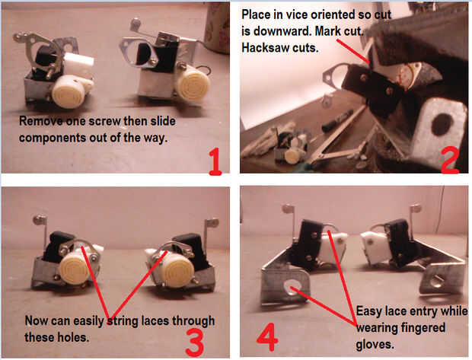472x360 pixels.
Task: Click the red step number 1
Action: pos(215,162)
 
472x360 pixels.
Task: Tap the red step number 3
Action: pos(195,342)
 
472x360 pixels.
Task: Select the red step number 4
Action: pos(267,337)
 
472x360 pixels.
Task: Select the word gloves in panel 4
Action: pos(375,344)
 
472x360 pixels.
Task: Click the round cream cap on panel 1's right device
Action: pos(196,84)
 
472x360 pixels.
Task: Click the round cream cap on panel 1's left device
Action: pos(66,93)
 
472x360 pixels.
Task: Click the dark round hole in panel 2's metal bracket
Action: pos(442,124)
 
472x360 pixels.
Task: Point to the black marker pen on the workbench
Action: pos(337,121)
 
